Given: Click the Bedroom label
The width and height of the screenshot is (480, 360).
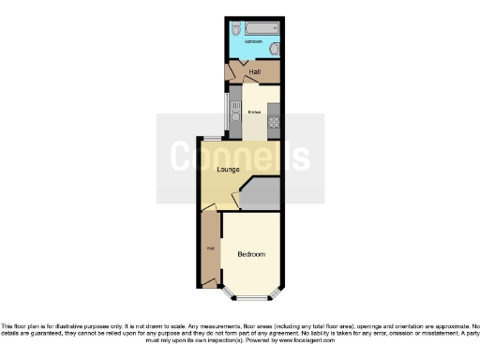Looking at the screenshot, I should (x=250, y=254).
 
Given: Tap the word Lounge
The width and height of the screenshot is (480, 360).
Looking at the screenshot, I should (x=227, y=170).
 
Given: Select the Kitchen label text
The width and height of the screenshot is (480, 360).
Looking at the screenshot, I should (x=253, y=112).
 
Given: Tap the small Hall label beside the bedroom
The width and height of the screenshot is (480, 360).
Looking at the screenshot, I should (x=210, y=247).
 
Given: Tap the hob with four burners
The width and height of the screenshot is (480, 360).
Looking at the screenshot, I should (x=275, y=119).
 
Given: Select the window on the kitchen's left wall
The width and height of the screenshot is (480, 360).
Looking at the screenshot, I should (x=224, y=112).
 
